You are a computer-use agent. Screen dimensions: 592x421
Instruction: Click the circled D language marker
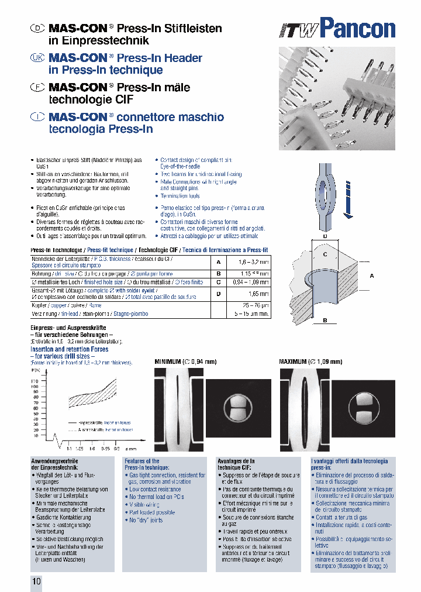tap(37, 28)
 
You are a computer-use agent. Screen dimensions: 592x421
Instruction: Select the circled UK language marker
tap(37, 58)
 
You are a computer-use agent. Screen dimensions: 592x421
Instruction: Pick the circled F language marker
tap(37, 87)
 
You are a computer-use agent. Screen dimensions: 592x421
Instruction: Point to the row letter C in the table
tap(218, 282)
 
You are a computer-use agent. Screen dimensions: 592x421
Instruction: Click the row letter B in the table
tap(218, 273)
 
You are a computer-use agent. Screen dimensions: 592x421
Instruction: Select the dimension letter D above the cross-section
tap(325, 237)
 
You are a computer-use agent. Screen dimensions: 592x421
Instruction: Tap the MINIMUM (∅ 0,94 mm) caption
tap(185, 362)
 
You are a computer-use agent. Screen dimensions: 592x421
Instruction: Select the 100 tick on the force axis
tap(35, 387)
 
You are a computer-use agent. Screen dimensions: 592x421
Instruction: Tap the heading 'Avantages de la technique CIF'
tap(236, 464)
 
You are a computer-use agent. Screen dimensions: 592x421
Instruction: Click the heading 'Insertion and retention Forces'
tap(69, 349)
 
